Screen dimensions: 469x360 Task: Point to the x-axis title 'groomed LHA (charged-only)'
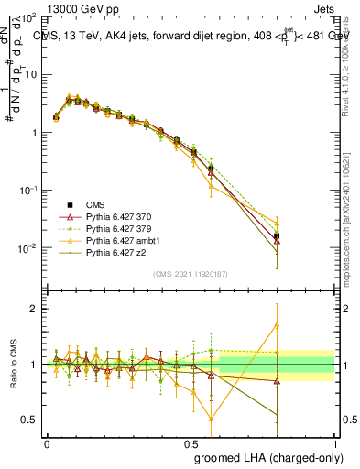(262, 457)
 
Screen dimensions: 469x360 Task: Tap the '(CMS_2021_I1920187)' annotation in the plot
(190, 274)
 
